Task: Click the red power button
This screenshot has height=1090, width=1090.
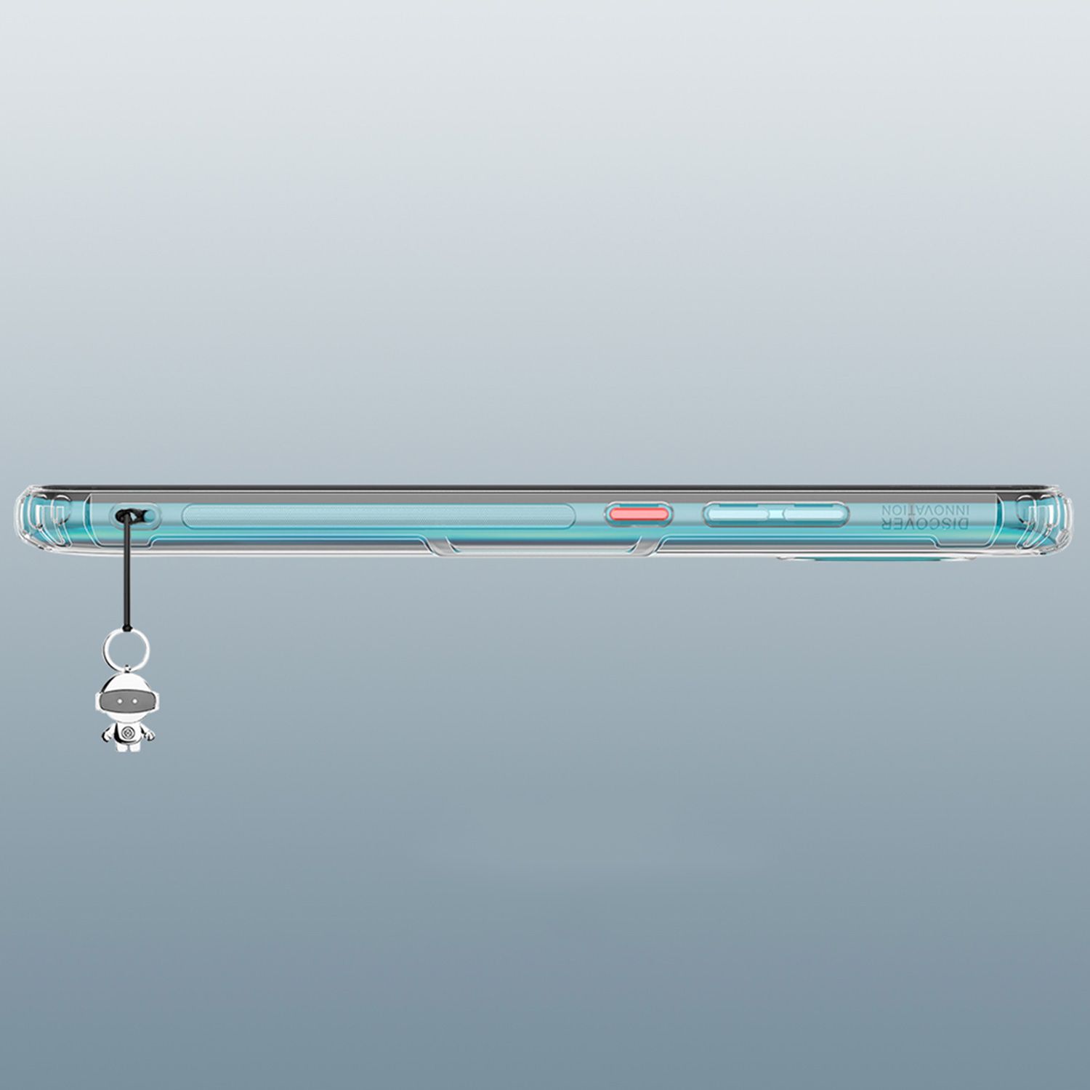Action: pos(639,515)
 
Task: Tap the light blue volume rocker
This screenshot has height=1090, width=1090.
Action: pos(775,515)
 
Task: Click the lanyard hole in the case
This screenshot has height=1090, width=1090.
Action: pos(134,516)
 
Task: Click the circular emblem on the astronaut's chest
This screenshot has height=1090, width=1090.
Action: pos(126,731)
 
